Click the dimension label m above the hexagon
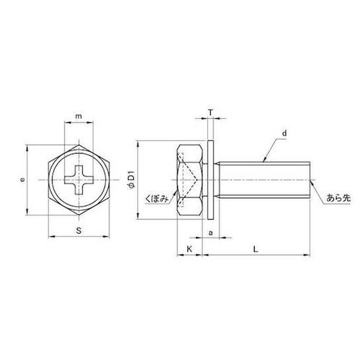[78, 117]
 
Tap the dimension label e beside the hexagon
[22, 179]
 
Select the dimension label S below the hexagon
[78, 231]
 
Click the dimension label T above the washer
[210, 112]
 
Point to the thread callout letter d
[284, 133]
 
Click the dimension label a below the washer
[211, 233]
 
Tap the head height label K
[189, 249]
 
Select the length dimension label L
[256, 249]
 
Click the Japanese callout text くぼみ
[156, 199]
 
